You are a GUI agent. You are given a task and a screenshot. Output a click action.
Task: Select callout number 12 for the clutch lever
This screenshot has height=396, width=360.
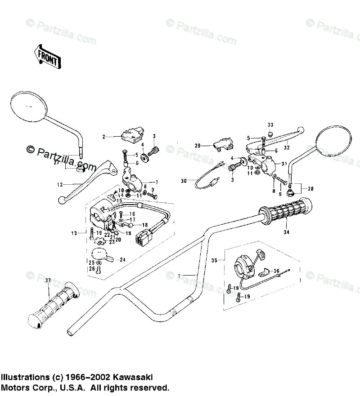(59, 184)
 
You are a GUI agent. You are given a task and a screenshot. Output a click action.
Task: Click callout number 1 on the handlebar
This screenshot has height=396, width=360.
(180, 275)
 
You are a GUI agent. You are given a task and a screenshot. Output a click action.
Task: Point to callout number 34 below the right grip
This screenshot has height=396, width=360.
(286, 232)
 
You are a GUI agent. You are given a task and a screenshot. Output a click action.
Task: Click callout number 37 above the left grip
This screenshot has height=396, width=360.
(48, 281)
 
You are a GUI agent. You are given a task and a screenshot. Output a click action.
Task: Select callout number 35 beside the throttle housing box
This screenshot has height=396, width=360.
(214, 260)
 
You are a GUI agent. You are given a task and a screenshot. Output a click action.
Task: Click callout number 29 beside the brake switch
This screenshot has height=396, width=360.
(197, 146)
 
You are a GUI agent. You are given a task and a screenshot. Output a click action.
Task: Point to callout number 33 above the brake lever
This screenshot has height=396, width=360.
(270, 125)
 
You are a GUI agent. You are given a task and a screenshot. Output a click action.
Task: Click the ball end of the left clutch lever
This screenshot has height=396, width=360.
(62, 200)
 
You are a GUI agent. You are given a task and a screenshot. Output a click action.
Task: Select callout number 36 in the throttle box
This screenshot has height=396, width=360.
(277, 271)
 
